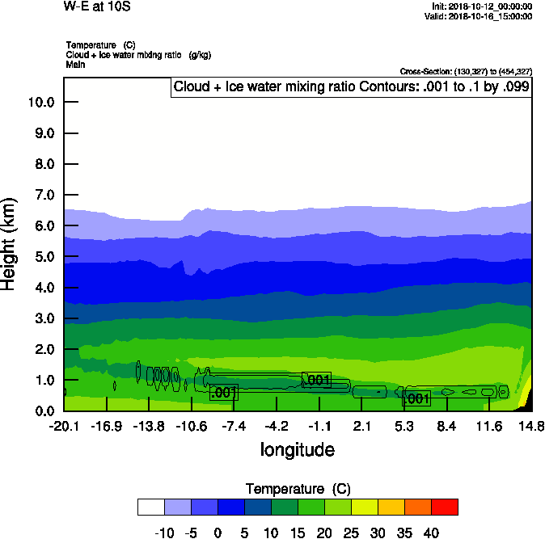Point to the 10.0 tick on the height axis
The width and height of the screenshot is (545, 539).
point(40,103)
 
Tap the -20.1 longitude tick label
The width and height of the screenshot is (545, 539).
point(64,426)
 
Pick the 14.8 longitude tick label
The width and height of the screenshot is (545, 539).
point(531,426)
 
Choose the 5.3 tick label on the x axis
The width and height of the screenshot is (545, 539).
point(404,426)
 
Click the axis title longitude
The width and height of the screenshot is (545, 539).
point(297,449)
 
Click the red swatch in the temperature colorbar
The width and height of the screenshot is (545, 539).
point(444,507)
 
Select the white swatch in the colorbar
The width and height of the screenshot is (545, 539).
point(151,507)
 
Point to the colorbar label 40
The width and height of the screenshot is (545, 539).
point(431,533)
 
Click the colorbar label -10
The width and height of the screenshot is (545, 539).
point(164,533)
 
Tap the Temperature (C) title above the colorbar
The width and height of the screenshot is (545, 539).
point(298,489)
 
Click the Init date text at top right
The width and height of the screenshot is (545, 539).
point(482,6)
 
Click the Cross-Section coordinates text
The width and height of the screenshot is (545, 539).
point(466,71)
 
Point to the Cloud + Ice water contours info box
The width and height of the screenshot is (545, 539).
point(352,87)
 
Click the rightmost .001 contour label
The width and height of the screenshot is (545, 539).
point(416,399)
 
